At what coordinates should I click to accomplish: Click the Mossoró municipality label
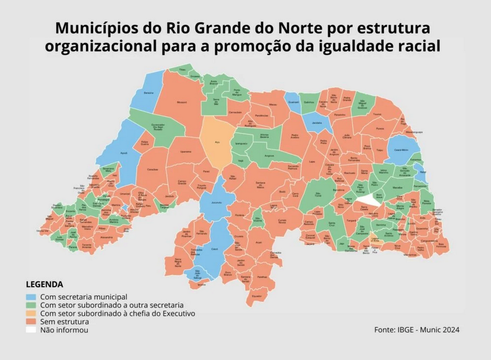coord(182,102)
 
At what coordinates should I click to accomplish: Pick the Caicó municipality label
coord(215,249)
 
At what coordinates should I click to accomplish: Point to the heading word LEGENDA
coord(45,284)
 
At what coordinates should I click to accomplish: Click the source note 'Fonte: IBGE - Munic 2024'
coord(416,330)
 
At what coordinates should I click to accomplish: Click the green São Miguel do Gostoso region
coord(362,104)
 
